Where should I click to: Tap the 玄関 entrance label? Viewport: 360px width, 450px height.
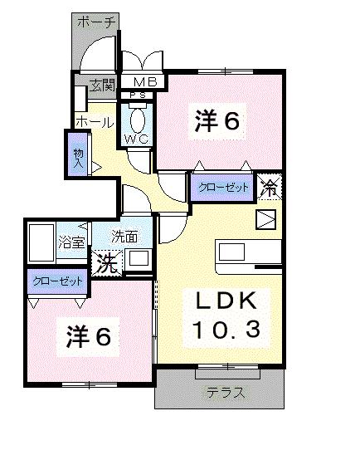(103, 83)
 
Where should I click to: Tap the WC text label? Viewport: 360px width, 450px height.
(137, 139)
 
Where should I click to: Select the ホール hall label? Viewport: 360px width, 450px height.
(94, 122)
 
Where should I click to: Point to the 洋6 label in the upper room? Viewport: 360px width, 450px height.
(217, 121)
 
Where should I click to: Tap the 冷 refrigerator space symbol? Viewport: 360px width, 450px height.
(270, 188)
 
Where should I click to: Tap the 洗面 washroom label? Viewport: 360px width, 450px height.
(125, 236)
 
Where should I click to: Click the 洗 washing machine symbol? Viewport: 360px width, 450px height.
(106, 263)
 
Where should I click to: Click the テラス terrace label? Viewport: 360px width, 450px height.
(226, 393)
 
